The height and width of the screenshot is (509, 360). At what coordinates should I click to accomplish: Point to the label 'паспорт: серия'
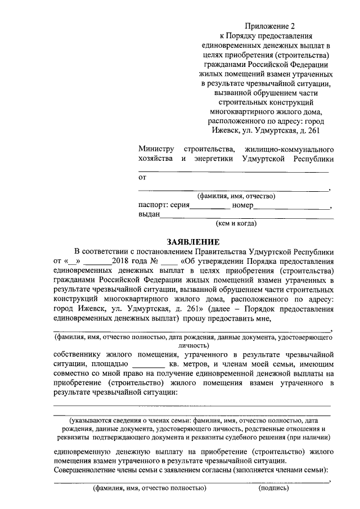click(x=164, y=205)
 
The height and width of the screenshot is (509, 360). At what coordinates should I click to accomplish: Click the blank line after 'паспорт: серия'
click(x=210, y=208)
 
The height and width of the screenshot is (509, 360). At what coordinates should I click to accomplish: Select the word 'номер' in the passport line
click(x=242, y=205)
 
